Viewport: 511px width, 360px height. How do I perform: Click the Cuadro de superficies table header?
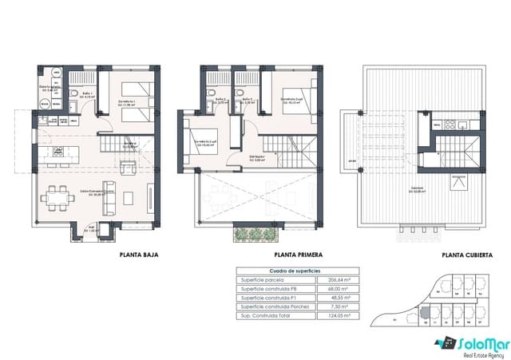tap(295, 271)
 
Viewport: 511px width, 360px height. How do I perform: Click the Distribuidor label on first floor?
tap(257, 157)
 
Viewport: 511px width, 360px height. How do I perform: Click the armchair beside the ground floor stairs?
tap(126, 168)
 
